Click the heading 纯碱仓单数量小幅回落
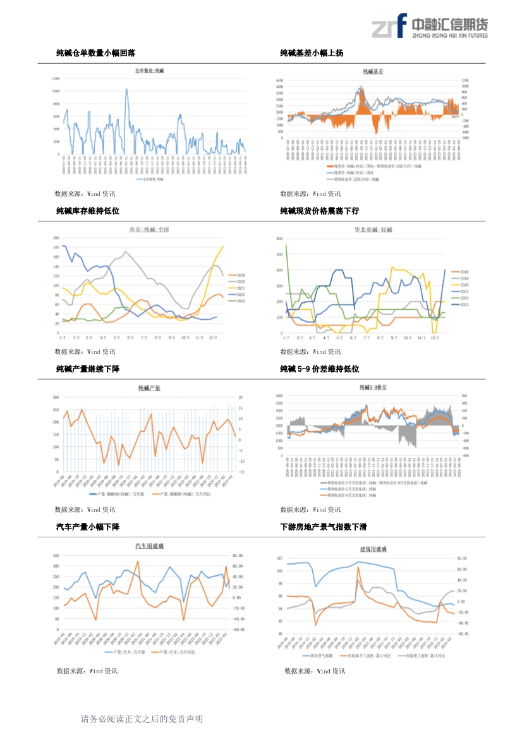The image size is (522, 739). pyautogui.click(x=95, y=54)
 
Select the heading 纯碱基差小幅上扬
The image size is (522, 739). pyautogui.click(x=312, y=54)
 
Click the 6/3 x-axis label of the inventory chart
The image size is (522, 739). pyautogui.click(x=130, y=338)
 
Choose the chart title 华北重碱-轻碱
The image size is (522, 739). pyautogui.click(x=373, y=229)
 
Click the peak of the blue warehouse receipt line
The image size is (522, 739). pyautogui.click(x=127, y=89)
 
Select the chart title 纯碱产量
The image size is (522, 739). pyautogui.click(x=149, y=388)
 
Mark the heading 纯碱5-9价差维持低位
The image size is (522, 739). pyautogui.click(x=320, y=369)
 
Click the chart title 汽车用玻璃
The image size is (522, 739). pyautogui.click(x=149, y=546)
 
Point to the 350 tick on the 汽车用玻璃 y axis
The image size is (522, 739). pyautogui.click(x=56, y=556)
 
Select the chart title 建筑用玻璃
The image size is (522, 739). pyautogui.click(x=373, y=549)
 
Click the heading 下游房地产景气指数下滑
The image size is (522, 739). pyautogui.click(x=324, y=527)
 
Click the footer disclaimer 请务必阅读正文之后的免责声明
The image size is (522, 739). pyautogui.click(x=142, y=719)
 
